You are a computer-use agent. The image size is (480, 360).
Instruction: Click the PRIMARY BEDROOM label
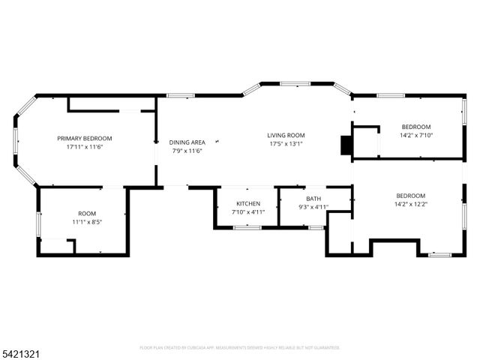coord(85,138)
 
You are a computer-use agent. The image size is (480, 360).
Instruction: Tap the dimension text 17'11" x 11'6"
coord(85,147)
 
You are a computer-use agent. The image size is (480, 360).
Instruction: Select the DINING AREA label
coord(187,142)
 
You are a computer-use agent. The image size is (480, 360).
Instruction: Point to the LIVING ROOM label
coord(286,135)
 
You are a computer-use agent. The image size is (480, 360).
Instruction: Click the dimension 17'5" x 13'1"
coord(286,144)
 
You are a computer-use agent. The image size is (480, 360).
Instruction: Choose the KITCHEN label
coord(248,203)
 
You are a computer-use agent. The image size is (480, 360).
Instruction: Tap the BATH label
coord(313,199)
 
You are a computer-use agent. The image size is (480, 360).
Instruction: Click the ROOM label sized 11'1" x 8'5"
coord(87,214)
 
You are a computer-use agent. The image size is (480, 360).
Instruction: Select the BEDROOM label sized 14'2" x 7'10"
coord(416,126)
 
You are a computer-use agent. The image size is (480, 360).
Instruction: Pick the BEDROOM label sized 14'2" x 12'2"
coord(410,195)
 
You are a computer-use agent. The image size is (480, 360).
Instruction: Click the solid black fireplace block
coord(346,145)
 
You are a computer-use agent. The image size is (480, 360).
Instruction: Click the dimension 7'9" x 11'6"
coord(187,151)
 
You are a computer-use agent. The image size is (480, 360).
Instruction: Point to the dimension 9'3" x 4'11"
coord(313,207)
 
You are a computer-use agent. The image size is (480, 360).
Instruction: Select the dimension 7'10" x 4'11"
coord(248,212)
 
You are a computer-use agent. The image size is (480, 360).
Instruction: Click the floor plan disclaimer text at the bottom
coord(240,347)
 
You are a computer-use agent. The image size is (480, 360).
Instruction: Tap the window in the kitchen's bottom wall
coord(247,227)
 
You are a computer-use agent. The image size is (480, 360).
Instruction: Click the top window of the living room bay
coord(295,83)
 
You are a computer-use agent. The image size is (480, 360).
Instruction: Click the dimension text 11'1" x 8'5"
coord(87,222)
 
